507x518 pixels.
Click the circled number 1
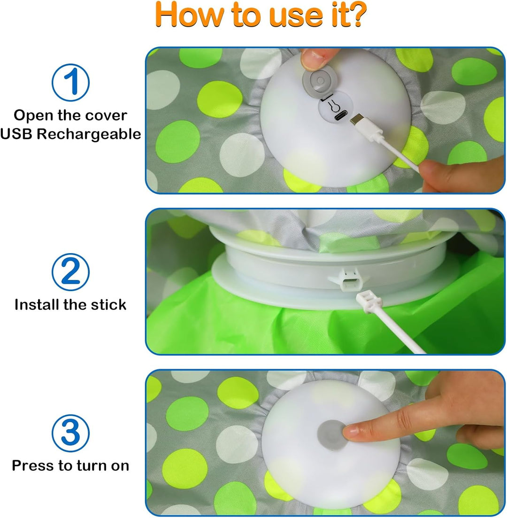click(70, 82)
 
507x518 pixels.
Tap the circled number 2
click(70, 272)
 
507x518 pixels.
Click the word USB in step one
click(17, 134)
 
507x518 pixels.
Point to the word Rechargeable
click(89, 134)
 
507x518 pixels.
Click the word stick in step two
click(109, 305)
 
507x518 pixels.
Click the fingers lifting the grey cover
click(317, 59)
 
